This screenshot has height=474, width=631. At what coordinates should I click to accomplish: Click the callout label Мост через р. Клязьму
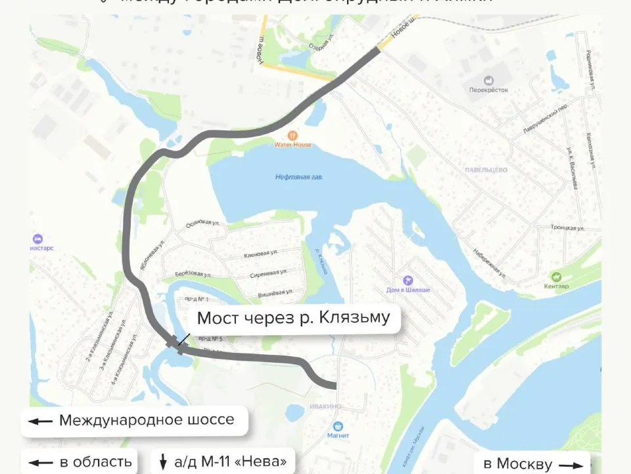tap(293, 318)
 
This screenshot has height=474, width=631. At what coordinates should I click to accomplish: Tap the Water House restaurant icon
tap(293, 135)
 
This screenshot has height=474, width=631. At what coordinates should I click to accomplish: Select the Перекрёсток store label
tap(488, 90)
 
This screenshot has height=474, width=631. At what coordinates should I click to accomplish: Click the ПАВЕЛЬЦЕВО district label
tap(486, 170)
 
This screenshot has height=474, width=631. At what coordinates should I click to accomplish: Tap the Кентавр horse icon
tap(557, 276)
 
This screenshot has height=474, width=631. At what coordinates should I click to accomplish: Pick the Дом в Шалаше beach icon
tap(407, 280)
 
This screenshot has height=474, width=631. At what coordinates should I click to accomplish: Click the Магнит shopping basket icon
tap(338, 426)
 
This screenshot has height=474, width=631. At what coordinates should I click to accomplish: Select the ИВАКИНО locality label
tap(326, 407)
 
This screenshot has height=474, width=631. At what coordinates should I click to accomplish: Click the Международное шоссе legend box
tap(136, 420)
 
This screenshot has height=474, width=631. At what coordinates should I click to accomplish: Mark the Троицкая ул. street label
tap(568, 228)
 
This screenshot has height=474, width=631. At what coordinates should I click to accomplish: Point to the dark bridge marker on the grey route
tap(175, 342)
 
